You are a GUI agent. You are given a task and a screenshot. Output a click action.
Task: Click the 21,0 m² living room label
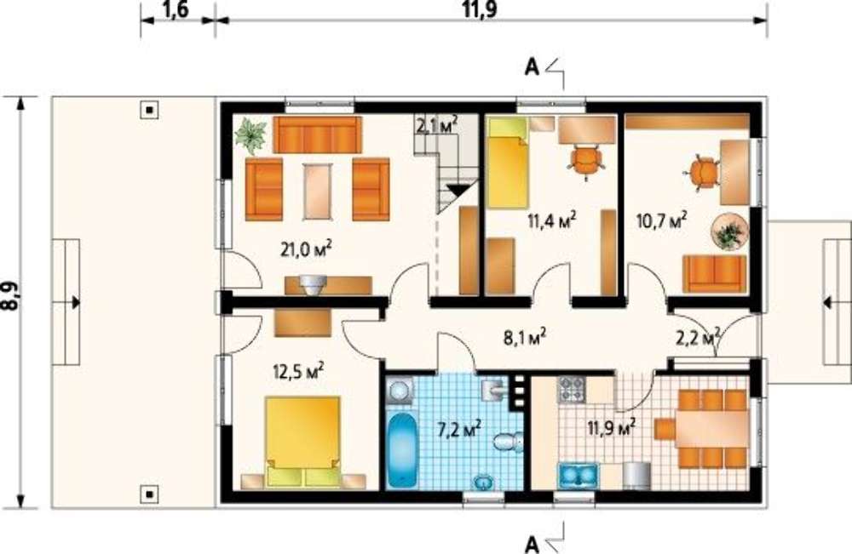point(307,249)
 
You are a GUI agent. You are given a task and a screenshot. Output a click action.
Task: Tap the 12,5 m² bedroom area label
point(298,372)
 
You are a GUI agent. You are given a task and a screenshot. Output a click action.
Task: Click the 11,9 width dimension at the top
point(481,9)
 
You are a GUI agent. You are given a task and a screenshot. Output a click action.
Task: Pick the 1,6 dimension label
point(175,9)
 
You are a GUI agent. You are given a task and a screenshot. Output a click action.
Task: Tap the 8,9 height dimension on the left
point(9,296)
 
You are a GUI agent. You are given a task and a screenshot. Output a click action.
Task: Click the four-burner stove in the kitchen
point(571,389)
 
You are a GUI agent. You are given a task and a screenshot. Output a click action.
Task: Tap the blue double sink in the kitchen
point(578,477)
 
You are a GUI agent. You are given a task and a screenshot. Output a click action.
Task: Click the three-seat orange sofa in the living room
point(317,134)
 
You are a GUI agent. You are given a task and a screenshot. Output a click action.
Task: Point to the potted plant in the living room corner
point(250,134)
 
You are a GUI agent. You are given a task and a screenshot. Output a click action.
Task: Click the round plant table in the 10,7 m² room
point(730,232)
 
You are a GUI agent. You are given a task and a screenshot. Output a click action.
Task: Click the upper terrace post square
point(150,111)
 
